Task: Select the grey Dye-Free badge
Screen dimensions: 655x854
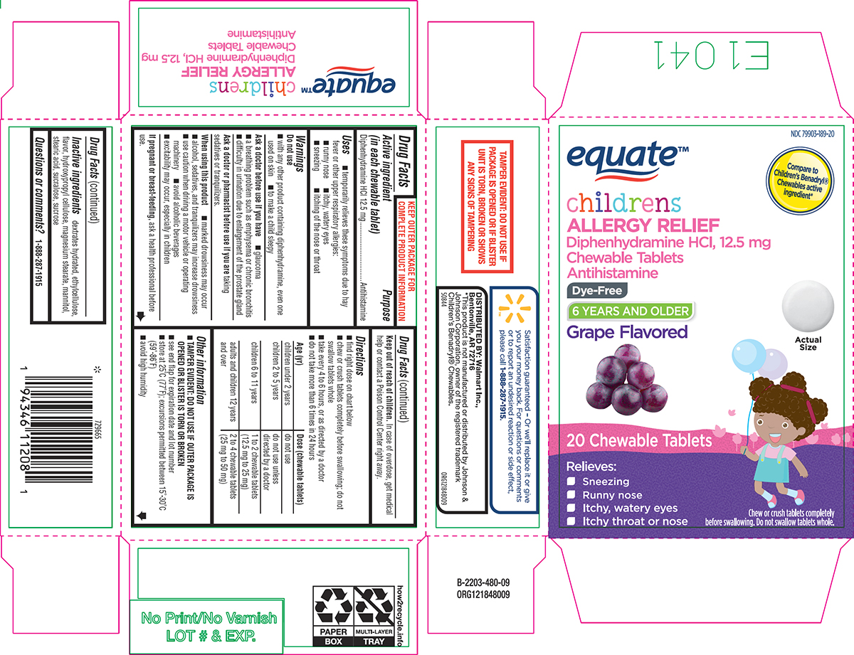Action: (x=595, y=290)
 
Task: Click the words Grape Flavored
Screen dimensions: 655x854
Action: (x=627, y=332)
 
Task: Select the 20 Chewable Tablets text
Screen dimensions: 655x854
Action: (x=639, y=441)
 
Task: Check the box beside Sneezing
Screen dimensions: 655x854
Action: (x=571, y=481)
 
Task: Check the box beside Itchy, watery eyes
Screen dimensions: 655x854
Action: (x=571, y=508)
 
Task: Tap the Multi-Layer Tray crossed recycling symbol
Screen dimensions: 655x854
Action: (x=374, y=605)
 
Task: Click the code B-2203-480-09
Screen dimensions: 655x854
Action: (x=483, y=583)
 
